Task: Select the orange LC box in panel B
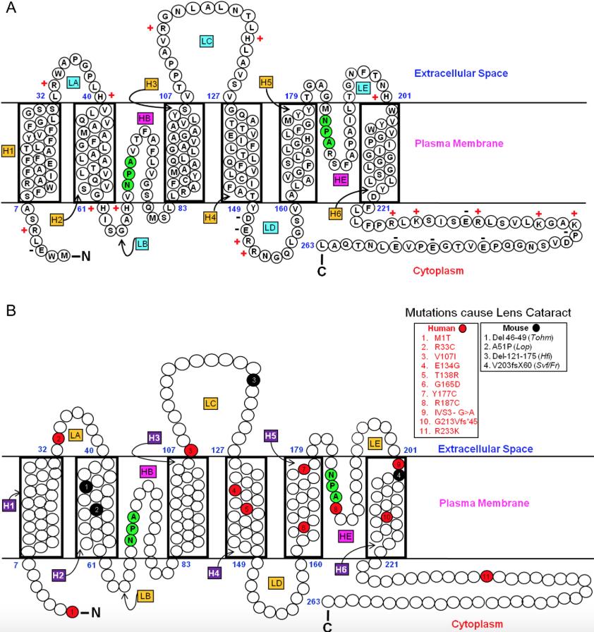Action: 210,403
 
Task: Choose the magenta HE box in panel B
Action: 346,537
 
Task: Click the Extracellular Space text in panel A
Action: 461,73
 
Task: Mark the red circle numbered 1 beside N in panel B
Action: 72,612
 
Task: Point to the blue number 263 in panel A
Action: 305,245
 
